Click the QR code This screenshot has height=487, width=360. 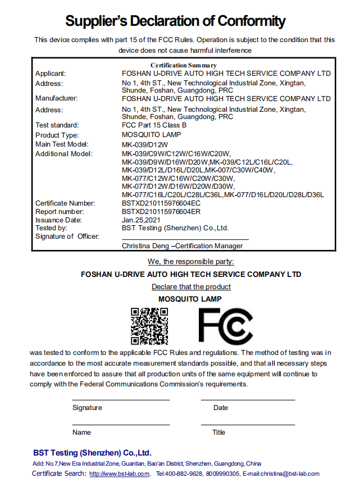pyautogui.click(x=149, y=326)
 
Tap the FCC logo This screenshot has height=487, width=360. pyautogui.click(x=225, y=326)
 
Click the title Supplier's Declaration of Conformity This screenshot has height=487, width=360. pyautogui.click(x=175, y=22)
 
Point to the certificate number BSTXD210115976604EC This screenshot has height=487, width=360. pyautogui.click(x=161, y=203)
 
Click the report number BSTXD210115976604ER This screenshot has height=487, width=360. pyautogui.click(x=161, y=212)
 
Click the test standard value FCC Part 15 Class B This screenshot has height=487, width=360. pyautogui.click(x=154, y=125)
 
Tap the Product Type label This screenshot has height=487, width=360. pyautogui.click(x=57, y=135)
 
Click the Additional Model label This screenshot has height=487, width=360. pyautogui.click(x=63, y=154)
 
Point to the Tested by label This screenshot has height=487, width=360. pyautogui.click(x=51, y=228)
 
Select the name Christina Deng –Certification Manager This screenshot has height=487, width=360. pyautogui.click(x=183, y=246)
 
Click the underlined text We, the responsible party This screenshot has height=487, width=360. pyautogui.click(x=191, y=262)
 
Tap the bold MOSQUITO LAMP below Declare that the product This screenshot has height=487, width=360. pyautogui.click(x=190, y=299)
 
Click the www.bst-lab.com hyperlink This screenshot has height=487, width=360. pyautogui.click(x=119, y=474)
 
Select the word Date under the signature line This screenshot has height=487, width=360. pyautogui.click(x=221, y=408)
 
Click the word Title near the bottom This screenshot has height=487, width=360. pyautogui.click(x=218, y=433)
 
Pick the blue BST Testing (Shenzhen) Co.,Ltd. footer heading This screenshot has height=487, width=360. pyautogui.click(x=92, y=453)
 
